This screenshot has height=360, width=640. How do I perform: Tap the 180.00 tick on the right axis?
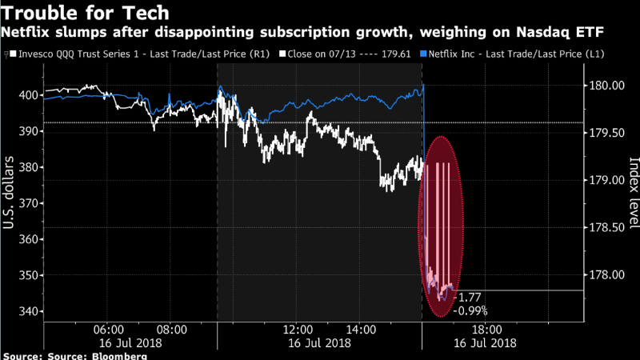(607, 85)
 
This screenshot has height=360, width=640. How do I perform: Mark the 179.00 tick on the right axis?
(607, 180)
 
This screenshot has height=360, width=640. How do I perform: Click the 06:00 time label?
(108, 329)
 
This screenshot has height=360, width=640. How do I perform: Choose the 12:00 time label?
(298, 329)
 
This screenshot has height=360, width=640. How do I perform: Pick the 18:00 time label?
(486, 329)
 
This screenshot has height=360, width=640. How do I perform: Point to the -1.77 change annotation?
(466, 298)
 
